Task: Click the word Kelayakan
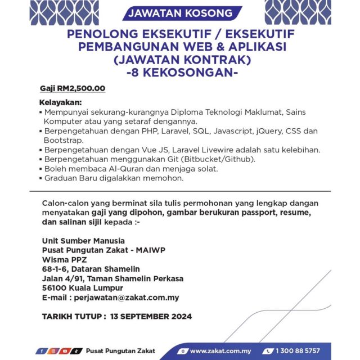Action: (x=60, y=103)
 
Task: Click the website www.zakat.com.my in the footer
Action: (x=219, y=351)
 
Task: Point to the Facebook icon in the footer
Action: (x=41, y=351)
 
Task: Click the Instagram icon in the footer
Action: (x=52, y=351)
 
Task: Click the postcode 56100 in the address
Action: (x=55, y=288)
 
